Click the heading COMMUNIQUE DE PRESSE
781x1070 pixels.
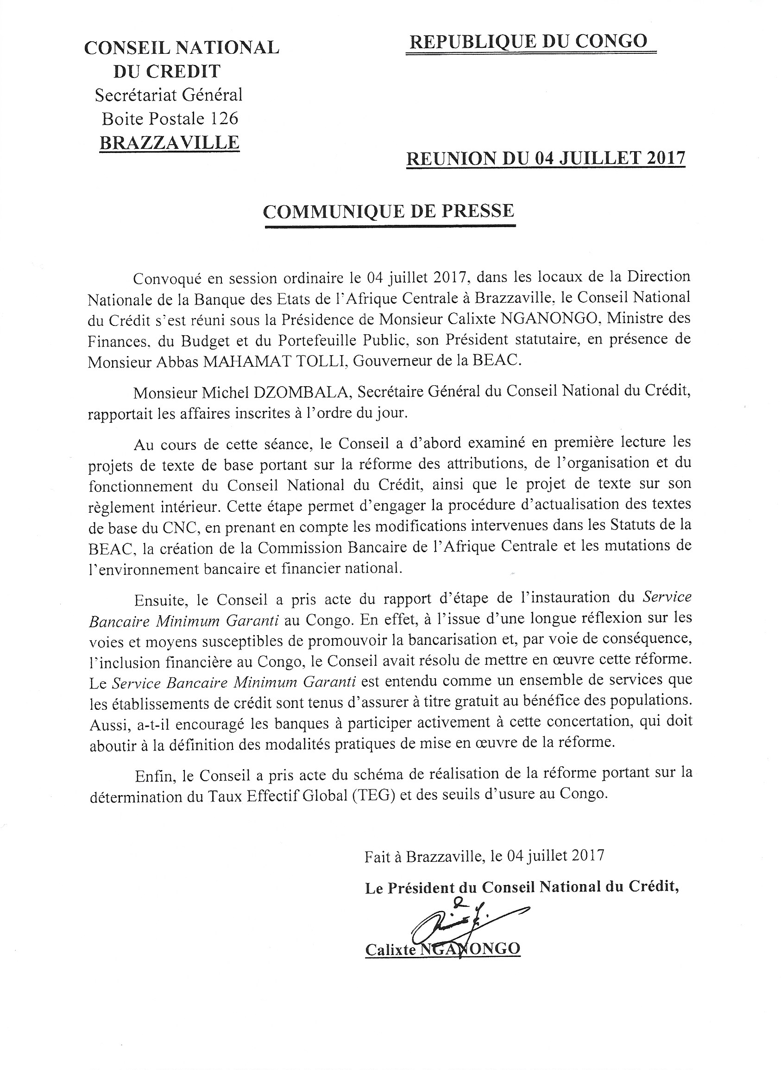point(389,211)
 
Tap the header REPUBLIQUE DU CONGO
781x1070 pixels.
point(528,42)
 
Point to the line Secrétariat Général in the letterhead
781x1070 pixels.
point(169,95)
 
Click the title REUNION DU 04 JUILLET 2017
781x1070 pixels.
point(546,158)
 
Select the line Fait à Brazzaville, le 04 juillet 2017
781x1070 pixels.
point(484,856)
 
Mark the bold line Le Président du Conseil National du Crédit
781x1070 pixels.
point(522,887)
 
